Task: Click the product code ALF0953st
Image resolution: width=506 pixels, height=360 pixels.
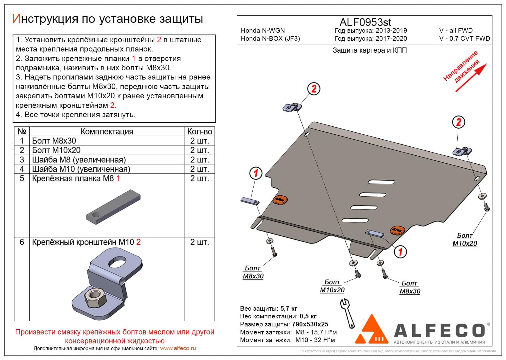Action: [365, 22]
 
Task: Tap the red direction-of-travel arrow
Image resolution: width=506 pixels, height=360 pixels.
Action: [471, 78]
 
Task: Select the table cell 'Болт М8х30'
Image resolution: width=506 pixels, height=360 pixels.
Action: [54, 141]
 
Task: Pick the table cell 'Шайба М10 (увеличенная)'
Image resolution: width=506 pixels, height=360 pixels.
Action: [81, 169]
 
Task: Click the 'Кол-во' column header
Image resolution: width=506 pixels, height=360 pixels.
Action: [200, 132]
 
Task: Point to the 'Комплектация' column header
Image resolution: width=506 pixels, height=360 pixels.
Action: [107, 132]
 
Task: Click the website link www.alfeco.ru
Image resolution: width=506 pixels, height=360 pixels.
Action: [178, 348]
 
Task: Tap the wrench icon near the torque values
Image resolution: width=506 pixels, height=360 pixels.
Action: [347, 313]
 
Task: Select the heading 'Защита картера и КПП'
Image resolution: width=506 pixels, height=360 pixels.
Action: [369, 50]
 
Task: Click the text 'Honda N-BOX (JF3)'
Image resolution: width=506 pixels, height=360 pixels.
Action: [270, 39]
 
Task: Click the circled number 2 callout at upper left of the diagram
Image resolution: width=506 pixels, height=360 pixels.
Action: [314, 89]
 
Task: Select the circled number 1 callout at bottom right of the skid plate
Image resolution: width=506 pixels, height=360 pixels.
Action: [400, 252]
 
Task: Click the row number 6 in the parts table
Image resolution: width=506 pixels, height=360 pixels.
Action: [22, 242]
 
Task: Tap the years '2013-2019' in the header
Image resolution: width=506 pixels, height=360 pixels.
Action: [391, 31]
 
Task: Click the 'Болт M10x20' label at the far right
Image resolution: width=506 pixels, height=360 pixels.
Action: [464, 239]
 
